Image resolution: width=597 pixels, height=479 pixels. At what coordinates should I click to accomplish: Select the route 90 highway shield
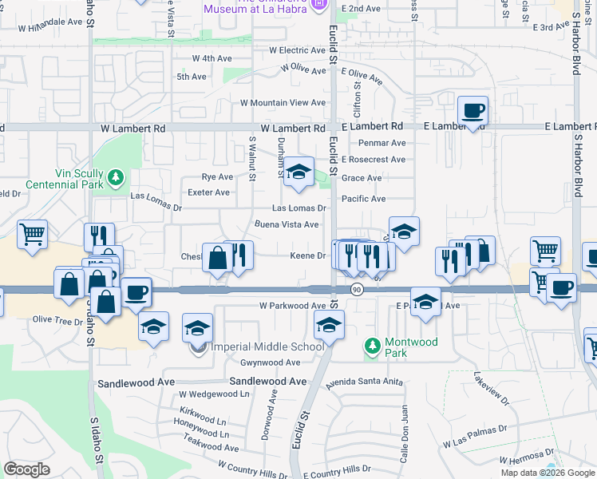[x=357, y=290]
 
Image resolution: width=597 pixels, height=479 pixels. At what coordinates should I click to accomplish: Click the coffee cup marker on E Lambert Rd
[x=473, y=111]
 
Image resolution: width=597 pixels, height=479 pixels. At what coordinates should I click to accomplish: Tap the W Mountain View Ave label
[x=283, y=103]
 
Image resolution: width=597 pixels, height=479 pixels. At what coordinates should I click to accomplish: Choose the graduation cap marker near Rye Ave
[x=298, y=171]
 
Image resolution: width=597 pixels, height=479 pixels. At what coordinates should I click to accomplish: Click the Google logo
[x=26, y=469]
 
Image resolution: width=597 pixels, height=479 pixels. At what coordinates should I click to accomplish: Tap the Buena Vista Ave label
[x=287, y=224]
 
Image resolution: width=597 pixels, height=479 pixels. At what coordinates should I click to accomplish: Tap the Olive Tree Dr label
[x=57, y=321]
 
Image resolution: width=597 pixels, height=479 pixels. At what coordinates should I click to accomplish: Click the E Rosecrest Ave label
[x=373, y=160]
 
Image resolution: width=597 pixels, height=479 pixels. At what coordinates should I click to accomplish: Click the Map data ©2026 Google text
[x=547, y=473]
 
